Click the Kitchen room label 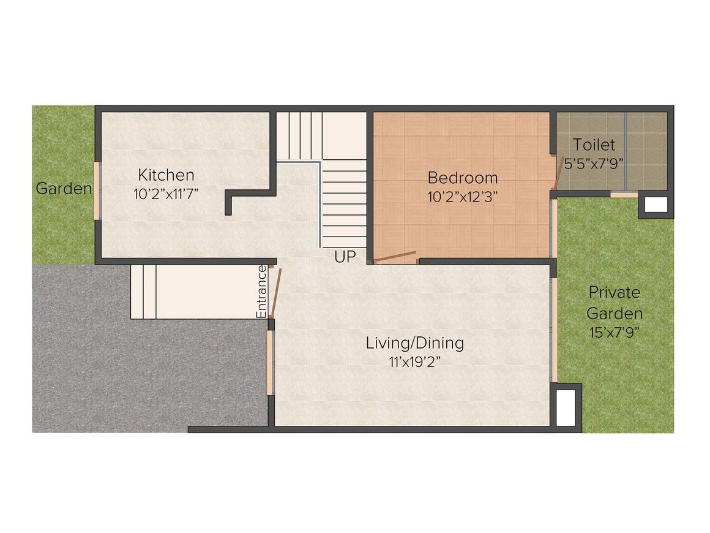coord(166,175)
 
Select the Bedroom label coord(462,178)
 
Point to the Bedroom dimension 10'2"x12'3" coord(462,197)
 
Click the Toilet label coord(594,145)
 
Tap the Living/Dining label coord(414,342)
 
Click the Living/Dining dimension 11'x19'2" coord(414,361)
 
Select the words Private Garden coord(614,303)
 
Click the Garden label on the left coord(64,188)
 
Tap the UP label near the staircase coord(345,257)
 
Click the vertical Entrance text coord(261,292)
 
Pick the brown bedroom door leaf coord(395,256)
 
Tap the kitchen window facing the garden coord(96,190)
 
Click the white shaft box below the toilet coord(656,205)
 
